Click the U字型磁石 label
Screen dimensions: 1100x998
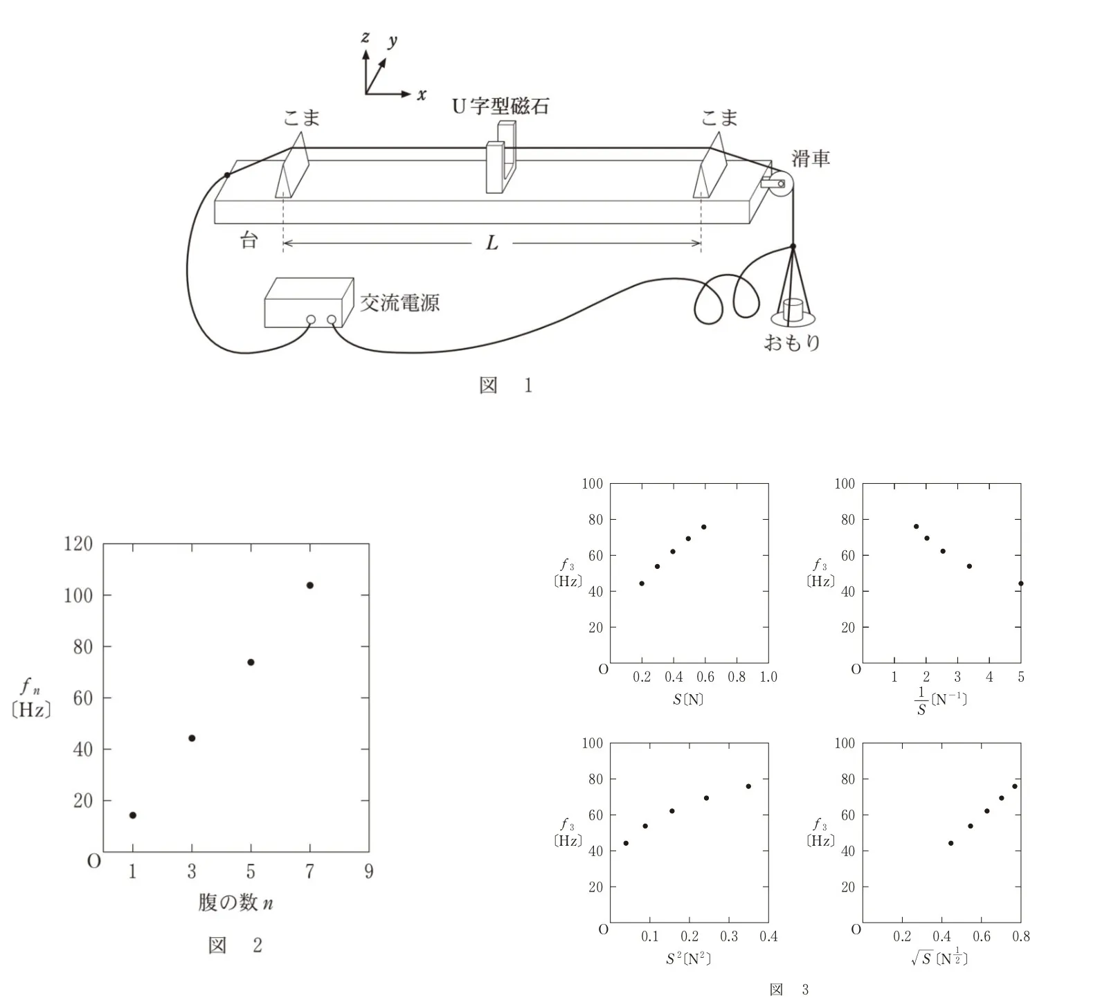501,106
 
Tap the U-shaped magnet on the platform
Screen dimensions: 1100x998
501,158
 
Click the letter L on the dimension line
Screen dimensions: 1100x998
492,243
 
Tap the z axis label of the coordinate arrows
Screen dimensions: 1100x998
365,37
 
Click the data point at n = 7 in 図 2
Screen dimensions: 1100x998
310,586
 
